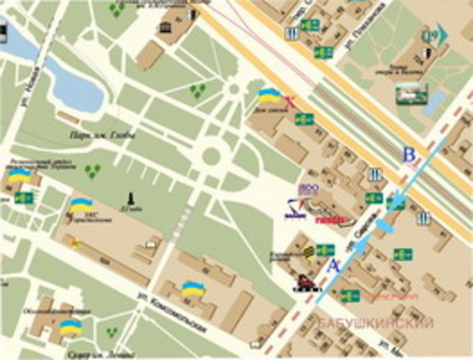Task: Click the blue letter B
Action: click(409, 156)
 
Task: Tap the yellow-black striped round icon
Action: click(307, 252)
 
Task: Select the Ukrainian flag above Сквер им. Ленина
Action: click(70, 327)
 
